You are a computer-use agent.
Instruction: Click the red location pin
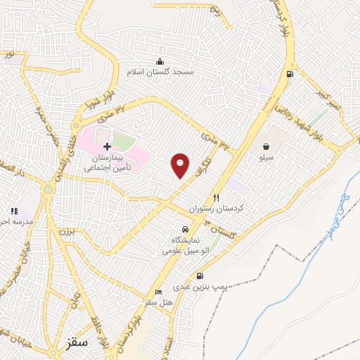point(181,165)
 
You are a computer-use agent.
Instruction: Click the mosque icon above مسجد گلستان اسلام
point(160,60)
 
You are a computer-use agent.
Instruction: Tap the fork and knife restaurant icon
point(216,198)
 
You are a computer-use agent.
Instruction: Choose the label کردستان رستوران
point(215,210)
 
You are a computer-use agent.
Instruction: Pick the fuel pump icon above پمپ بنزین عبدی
point(200,276)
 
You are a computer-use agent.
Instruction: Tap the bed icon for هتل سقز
point(158,292)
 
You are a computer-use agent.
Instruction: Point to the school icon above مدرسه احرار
point(13,210)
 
